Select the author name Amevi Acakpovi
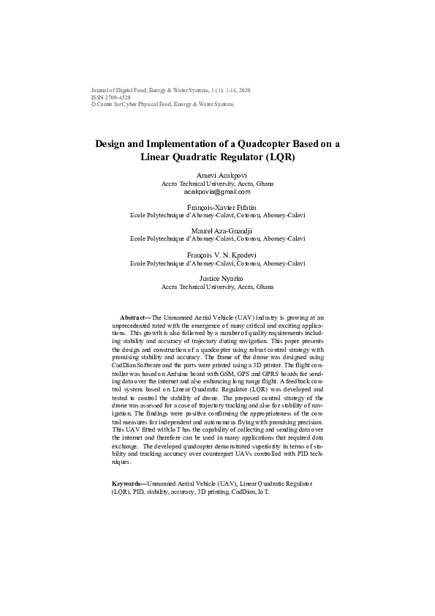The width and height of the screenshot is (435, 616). pyautogui.click(x=217, y=176)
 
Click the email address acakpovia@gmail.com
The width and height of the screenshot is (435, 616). pyautogui.click(x=217, y=192)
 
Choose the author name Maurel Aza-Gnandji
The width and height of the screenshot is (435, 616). pyautogui.click(x=217, y=231)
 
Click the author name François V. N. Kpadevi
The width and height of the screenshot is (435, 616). pyautogui.click(x=217, y=255)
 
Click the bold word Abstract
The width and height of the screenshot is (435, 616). pyautogui.click(x=133, y=318)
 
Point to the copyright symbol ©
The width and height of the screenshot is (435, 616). pyautogui.click(x=92, y=105)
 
